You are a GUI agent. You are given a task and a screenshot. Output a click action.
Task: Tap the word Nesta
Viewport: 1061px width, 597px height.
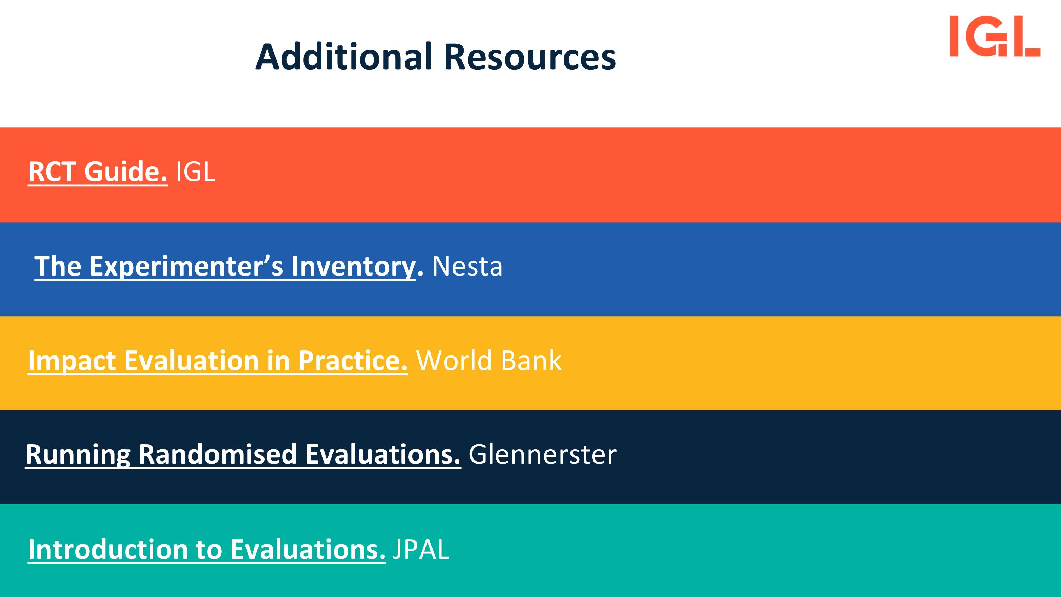click(x=468, y=266)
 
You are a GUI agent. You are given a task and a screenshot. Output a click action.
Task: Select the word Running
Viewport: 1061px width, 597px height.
click(x=78, y=454)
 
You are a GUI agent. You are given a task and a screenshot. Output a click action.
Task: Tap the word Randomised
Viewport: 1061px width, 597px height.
click(x=218, y=454)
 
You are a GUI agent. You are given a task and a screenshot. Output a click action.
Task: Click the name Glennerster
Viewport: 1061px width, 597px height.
click(x=543, y=454)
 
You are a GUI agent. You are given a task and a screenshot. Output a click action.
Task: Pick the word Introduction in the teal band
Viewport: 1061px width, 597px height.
click(x=108, y=549)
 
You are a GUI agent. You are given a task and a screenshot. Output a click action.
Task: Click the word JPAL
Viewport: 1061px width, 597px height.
click(x=421, y=549)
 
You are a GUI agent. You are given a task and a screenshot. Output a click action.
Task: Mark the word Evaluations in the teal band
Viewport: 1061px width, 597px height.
click(x=308, y=549)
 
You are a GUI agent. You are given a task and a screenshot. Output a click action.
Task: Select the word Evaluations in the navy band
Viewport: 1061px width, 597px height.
click(x=383, y=454)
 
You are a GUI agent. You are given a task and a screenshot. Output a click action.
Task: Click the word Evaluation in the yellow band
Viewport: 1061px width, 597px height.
click(x=192, y=361)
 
